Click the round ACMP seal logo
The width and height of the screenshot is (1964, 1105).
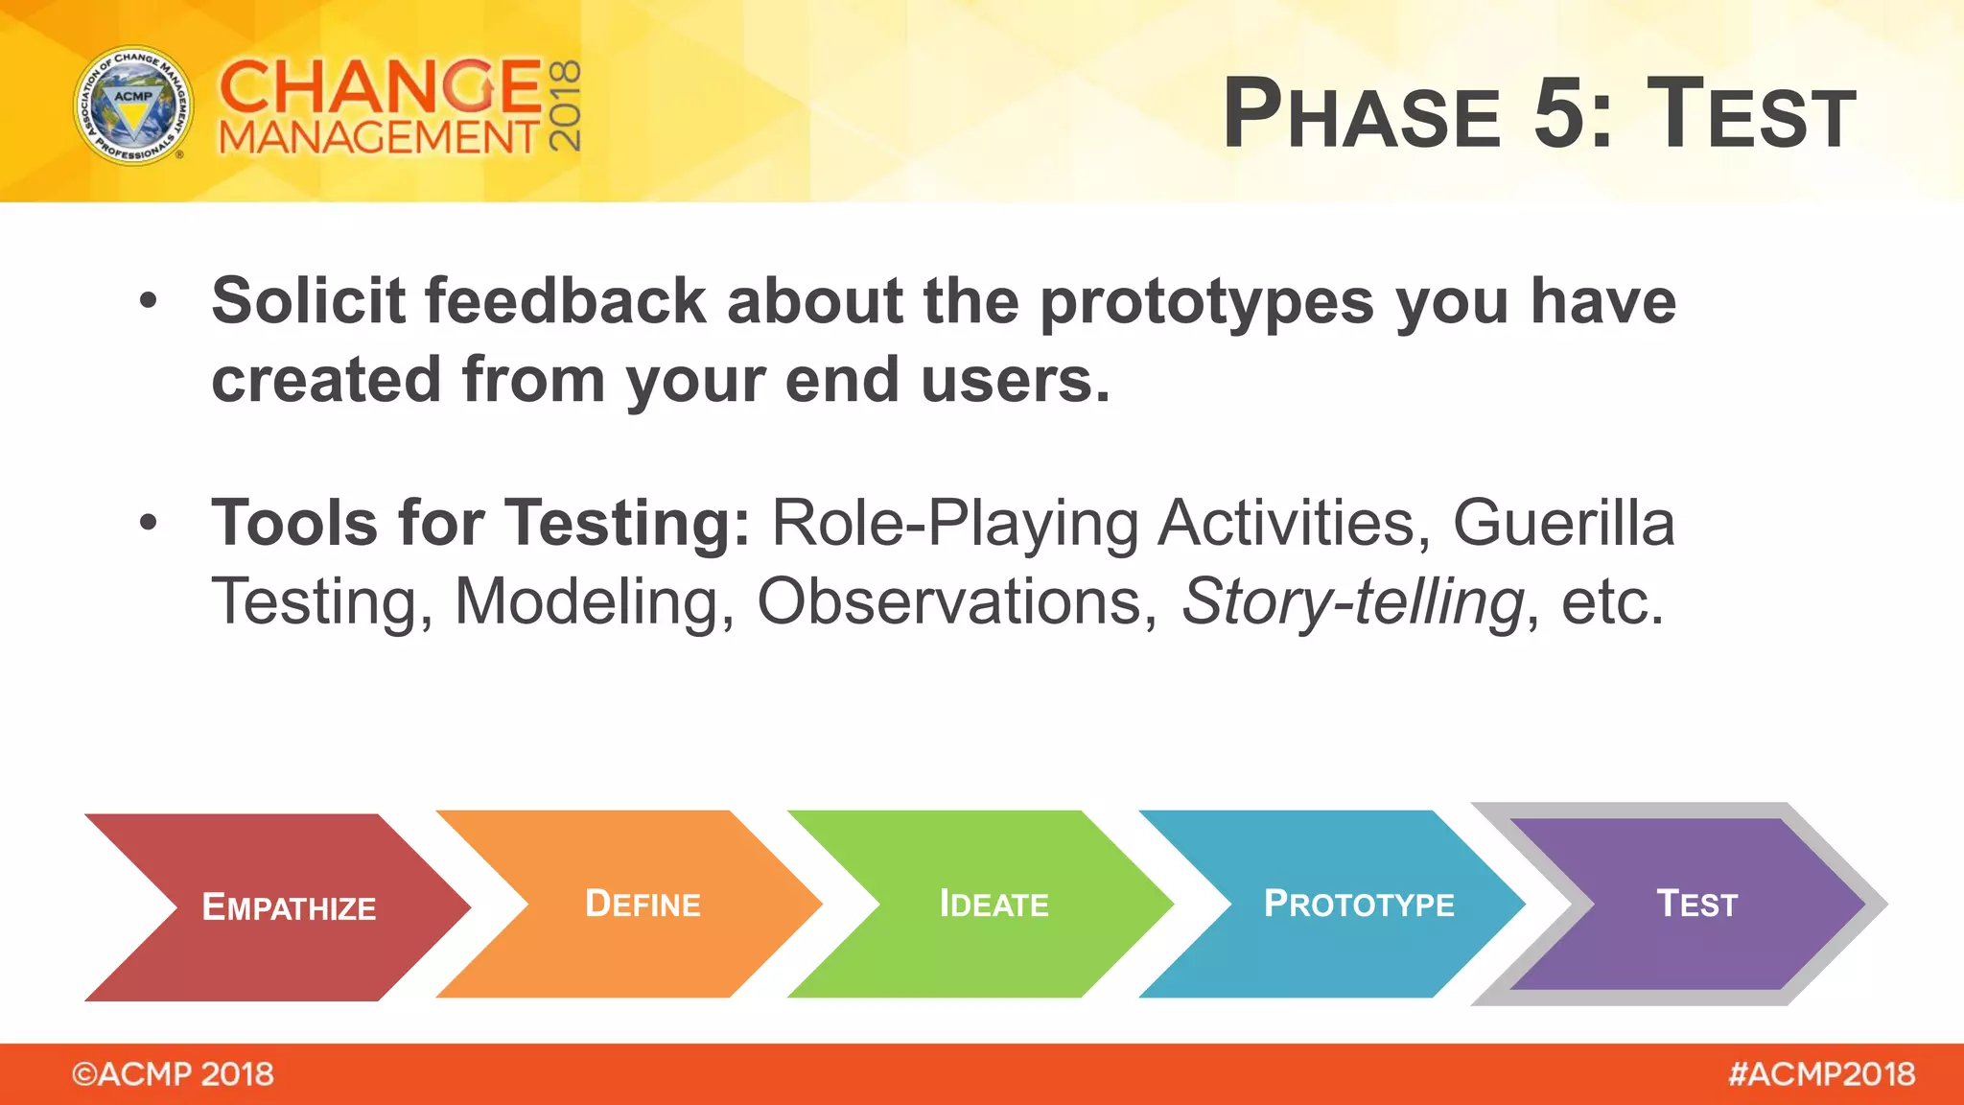click(x=133, y=106)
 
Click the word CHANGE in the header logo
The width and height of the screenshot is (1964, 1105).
click(x=381, y=86)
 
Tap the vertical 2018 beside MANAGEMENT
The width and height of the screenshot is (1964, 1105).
click(x=565, y=106)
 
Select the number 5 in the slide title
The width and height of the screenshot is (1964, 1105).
click(x=1560, y=113)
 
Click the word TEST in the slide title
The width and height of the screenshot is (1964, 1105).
click(x=1751, y=113)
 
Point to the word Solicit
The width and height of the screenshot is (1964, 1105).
click(x=308, y=301)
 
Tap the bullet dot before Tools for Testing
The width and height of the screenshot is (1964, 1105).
click(x=148, y=523)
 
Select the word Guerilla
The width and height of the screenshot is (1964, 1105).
click(x=1563, y=524)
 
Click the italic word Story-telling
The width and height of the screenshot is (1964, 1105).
click(x=1352, y=602)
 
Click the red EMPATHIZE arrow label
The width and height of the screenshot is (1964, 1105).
click(x=289, y=907)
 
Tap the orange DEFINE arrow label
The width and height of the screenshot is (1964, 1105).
click(x=643, y=904)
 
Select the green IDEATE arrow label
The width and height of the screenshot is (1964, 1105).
click(x=994, y=904)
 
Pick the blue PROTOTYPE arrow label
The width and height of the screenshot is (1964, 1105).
click(x=1359, y=904)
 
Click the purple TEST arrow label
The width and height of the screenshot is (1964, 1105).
click(x=1696, y=904)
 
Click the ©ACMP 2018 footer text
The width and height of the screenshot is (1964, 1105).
click(x=173, y=1074)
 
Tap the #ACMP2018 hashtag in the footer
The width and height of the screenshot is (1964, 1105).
click(x=1821, y=1074)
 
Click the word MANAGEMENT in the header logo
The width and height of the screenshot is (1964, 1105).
click(x=379, y=137)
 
